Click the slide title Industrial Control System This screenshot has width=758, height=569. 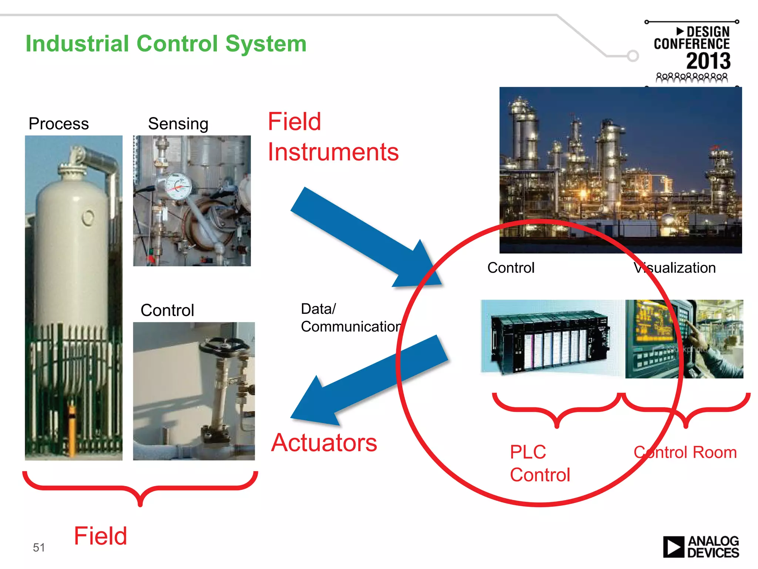[x=166, y=44]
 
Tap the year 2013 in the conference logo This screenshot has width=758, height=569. [x=708, y=61]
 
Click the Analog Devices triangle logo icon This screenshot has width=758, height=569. [x=673, y=547]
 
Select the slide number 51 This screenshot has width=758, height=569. [x=39, y=547]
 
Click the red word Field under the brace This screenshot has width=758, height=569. [x=100, y=536]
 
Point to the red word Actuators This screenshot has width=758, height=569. [x=324, y=443]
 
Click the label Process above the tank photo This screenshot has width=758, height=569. [x=58, y=124]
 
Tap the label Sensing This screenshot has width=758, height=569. [x=178, y=124]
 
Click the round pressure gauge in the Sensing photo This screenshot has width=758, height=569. [x=178, y=186]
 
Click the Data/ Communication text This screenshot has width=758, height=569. [x=350, y=318]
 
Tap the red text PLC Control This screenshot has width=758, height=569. [x=539, y=463]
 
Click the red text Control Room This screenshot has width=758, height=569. [x=685, y=452]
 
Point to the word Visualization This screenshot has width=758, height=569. [x=674, y=268]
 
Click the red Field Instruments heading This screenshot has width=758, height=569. [x=333, y=137]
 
